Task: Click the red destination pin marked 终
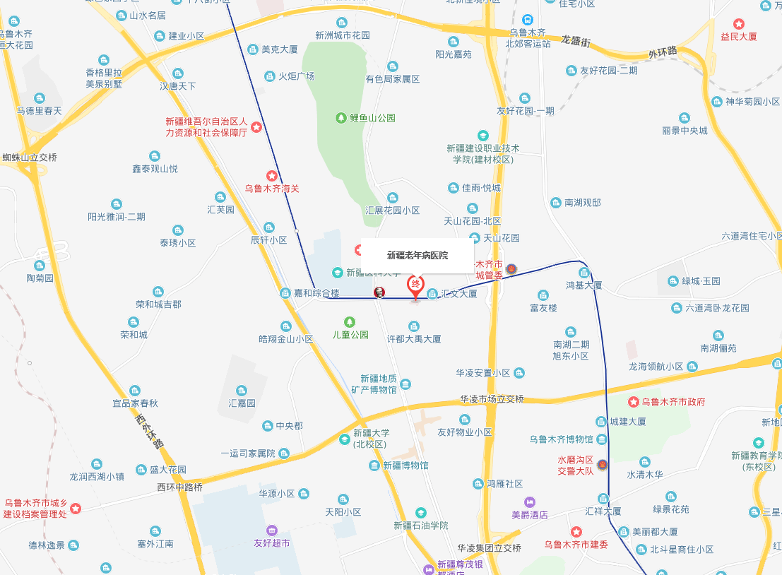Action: coord(415,286)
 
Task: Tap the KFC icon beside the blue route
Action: coord(379,292)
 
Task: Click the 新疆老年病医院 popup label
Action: coord(417,255)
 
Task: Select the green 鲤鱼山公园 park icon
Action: coord(342,117)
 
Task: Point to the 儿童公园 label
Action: coord(350,335)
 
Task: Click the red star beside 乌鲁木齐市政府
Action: coord(634,402)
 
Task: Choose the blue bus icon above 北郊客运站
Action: coord(527,20)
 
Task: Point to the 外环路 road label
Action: coord(663,52)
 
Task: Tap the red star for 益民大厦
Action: coord(739,23)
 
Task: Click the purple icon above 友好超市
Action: coord(271,530)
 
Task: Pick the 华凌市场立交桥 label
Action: coord(492,399)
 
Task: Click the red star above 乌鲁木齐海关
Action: coord(271,175)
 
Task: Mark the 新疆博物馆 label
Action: coord(405,466)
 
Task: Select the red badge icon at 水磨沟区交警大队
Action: coord(602,465)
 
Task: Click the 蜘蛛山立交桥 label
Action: coord(28,157)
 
